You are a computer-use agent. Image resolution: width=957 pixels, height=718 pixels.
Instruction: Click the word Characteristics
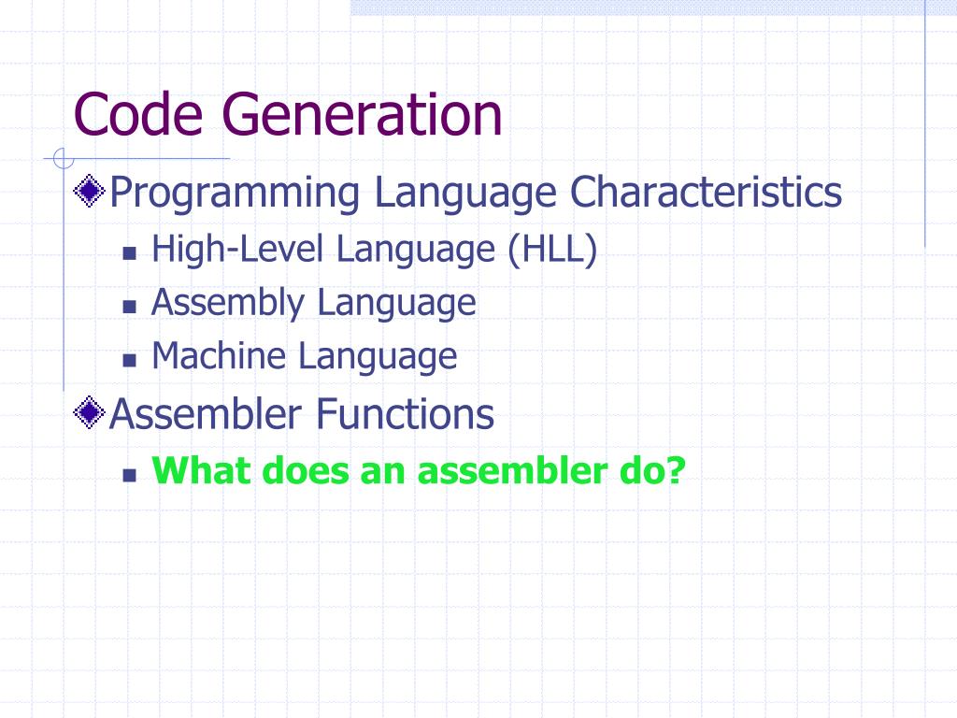click(706, 193)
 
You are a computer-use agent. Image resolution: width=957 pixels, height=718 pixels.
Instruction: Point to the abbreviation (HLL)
click(552, 250)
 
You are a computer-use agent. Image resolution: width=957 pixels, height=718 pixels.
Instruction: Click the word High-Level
click(239, 250)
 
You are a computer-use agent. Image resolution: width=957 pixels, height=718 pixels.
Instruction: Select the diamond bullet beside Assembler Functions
click(90, 412)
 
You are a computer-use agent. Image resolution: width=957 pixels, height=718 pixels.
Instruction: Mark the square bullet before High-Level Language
click(130, 253)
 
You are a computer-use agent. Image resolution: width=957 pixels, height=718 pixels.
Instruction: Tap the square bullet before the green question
click(130, 474)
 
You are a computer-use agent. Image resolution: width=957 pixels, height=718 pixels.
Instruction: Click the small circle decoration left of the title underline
click(63, 158)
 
